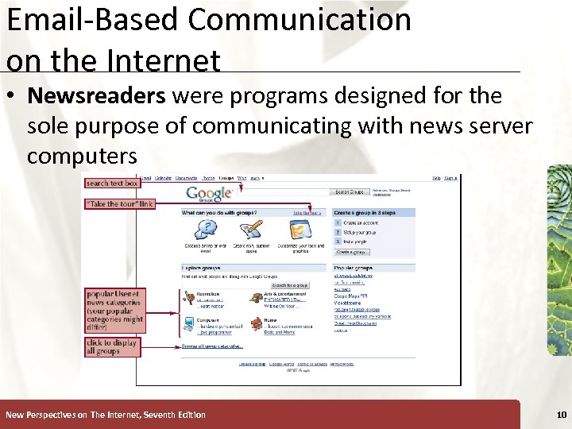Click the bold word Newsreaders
tap(96, 96)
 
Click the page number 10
tap(562, 415)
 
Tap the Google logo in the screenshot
tap(210, 193)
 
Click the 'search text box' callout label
tap(112, 183)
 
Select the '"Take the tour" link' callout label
tap(119, 203)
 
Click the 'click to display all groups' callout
tap(112, 347)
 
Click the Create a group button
tap(351, 252)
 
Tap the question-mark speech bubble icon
tap(206, 229)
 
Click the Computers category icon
tap(189, 323)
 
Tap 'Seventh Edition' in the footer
tap(174, 415)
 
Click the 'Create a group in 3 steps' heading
tap(363, 213)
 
